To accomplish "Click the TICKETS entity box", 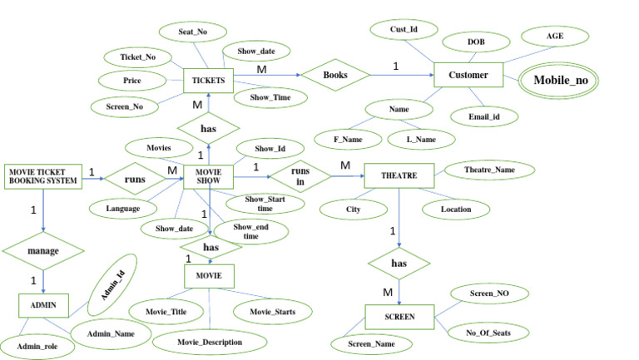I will [208, 80].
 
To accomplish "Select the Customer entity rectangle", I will [468, 76].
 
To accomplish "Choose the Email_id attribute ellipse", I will [483, 117].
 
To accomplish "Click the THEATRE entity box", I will [399, 175].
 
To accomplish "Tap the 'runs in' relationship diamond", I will [297, 176].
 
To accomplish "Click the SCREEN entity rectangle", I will [400, 317].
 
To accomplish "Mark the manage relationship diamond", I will [43, 249].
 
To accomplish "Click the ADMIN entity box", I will [42, 305].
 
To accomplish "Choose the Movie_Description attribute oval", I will [210, 342].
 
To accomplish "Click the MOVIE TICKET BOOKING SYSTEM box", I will [43, 175].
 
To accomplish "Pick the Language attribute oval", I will [122, 207].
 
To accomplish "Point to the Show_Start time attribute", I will [265, 205].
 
